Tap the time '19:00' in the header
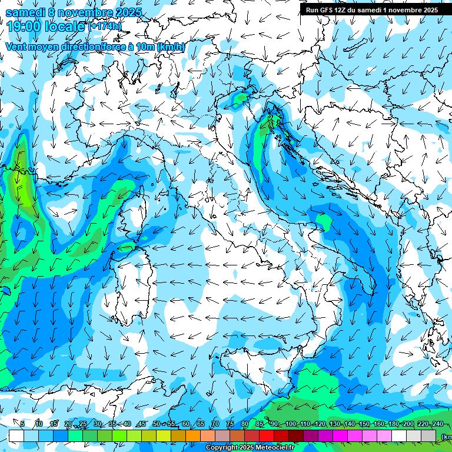tap(23, 26)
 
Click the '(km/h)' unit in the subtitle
tap(171, 47)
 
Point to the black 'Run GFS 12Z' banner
tap(371, 10)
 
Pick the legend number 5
tap(22, 424)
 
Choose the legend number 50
tap(157, 424)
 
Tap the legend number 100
tap(291, 424)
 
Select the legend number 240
tap(437, 424)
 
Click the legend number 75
tap(230, 424)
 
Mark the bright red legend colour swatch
tap(267, 436)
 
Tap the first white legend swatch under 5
tap(16, 436)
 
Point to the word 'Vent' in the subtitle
tap(16, 47)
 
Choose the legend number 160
tap(378, 424)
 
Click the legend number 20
tap(68, 424)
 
